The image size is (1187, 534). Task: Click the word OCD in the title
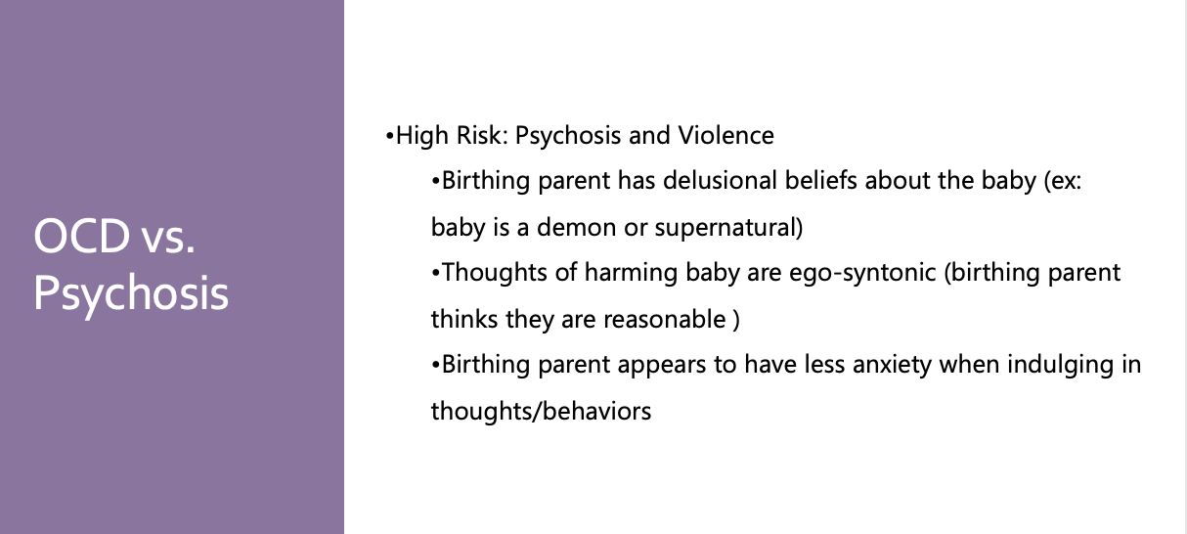coord(81,236)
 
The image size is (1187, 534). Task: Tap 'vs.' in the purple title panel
coord(168,239)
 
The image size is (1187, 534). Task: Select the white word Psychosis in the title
coord(131,294)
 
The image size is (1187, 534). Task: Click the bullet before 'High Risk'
coord(389,136)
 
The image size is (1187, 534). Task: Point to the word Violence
coord(725,135)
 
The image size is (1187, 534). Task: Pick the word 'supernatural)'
coord(728,229)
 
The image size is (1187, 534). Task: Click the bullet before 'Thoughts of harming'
coord(435,274)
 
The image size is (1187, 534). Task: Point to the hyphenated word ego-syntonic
coord(862,274)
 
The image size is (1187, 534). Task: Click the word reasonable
coord(665,320)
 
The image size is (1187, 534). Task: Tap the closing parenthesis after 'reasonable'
coord(736,320)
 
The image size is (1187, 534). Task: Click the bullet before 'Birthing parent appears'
coord(435,366)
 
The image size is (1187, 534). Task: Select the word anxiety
coord(892,366)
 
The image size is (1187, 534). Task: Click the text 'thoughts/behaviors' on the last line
coord(541,412)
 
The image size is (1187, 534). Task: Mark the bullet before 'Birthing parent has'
coord(435,182)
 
